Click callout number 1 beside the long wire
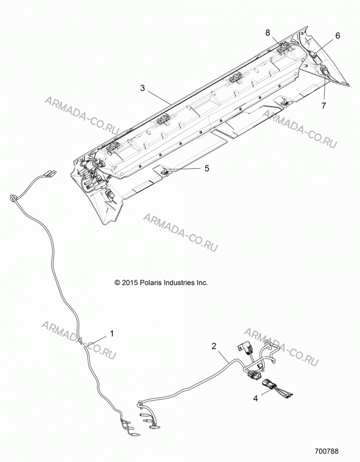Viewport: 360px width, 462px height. click(112, 334)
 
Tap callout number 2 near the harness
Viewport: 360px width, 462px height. click(214, 346)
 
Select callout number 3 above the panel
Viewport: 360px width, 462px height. click(143, 88)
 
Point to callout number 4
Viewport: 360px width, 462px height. click(256, 398)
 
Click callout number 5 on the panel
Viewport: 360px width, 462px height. click(207, 168)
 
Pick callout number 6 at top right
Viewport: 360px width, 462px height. click(338, 36)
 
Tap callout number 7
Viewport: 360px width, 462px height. click(324, 105)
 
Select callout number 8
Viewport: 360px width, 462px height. click(268, 33)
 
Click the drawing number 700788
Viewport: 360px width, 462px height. click(326, 451)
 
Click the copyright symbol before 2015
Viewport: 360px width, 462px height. click(117, 283)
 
